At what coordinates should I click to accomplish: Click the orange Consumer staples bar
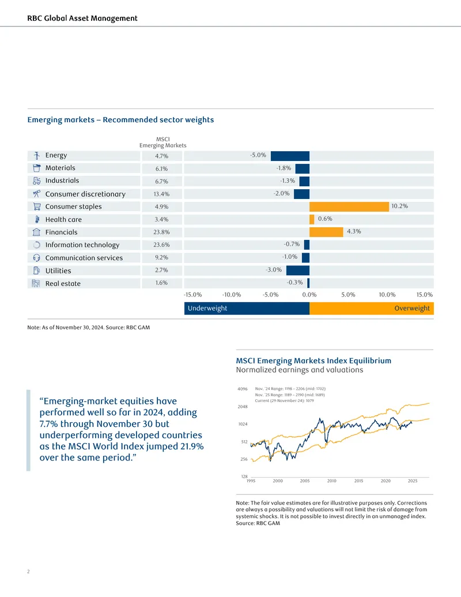click(349, 206)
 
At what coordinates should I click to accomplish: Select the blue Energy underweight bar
click(290, 156)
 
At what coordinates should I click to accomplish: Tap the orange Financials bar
click(326, 232)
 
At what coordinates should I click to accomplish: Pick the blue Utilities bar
click(298, 271)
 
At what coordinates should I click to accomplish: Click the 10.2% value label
click(399, 206)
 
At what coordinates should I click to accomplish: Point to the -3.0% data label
click(274, 269)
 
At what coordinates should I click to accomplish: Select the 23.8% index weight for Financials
click(162, 232)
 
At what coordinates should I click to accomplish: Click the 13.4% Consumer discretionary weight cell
click(162, 194)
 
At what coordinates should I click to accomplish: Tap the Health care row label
click(63, 219)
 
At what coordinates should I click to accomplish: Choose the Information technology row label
click(82, 245)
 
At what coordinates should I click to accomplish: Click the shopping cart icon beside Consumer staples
click(36, 206)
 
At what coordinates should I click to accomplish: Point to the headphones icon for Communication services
click(36, 258)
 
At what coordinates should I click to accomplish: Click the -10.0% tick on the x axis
click(232, 295)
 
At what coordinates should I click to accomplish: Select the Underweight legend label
click(207, 308)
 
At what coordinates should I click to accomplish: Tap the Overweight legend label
click(412, 308)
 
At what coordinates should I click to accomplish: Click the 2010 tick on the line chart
click(332, 481)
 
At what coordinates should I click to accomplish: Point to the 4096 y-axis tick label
click(242, 389)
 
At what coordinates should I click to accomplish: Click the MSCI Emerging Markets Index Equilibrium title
click(313, 361)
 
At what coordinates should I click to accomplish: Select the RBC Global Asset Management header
click(82, 18)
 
